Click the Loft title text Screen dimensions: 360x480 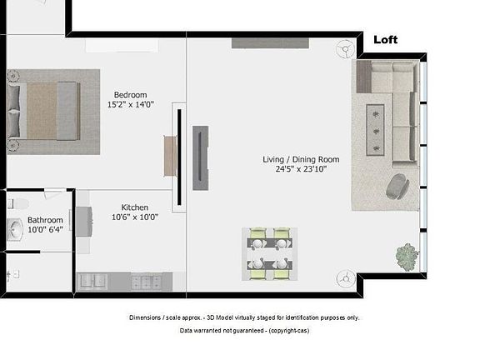point(386,39)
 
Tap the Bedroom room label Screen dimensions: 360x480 point(130,94)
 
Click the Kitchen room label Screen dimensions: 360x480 point(135,207)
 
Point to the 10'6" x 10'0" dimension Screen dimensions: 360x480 point(135,217)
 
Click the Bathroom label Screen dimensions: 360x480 point(45,220)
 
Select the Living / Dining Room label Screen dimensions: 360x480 point(295,158)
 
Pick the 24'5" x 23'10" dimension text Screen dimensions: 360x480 point(296,169)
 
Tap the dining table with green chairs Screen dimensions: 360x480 point(269,253)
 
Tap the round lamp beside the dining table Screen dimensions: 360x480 point(344,278)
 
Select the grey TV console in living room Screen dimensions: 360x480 point(200,157)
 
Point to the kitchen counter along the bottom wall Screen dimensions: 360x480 point(130,282)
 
